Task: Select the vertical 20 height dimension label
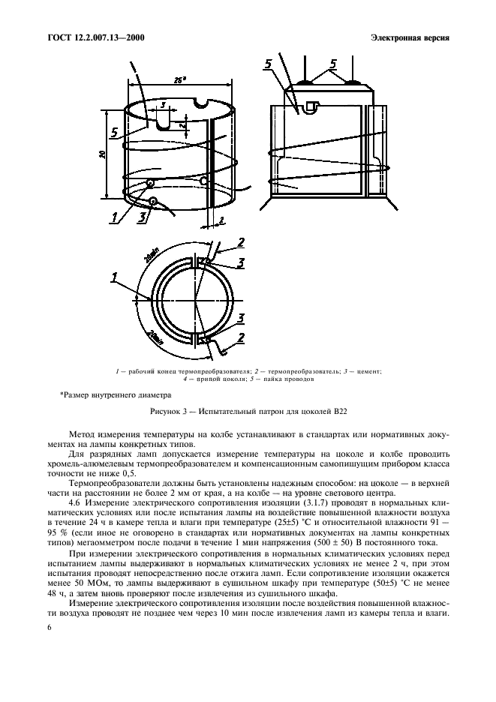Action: [101, 154]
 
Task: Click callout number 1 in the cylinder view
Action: [114, 217]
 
